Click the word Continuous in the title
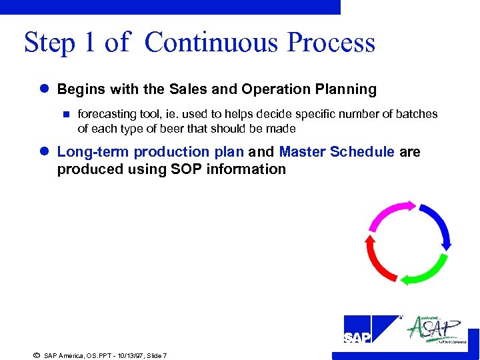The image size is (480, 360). click(211, 43)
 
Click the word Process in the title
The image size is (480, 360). click(331, 43)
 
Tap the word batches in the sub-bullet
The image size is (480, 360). click(417, 114)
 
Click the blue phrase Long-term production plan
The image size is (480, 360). click(151, 152)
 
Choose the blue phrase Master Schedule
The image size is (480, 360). click(337, 152)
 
